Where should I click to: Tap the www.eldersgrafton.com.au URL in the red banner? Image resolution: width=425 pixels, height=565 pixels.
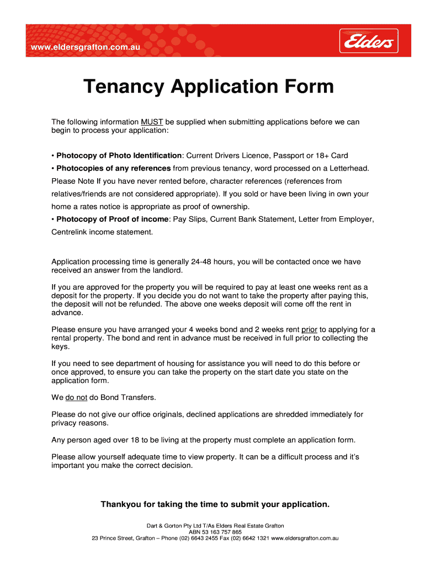(86, 48)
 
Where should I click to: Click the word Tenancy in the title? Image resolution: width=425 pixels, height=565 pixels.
(124, 87)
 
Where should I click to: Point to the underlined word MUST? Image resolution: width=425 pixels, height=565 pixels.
(152, 122)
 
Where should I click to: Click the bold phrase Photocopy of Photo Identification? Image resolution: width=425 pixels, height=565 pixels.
(119, 156)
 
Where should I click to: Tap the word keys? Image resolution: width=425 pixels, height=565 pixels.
(60, 347)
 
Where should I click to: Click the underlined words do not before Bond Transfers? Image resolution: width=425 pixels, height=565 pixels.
(76, 397)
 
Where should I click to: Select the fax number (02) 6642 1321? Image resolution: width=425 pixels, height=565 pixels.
(248, 538)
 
